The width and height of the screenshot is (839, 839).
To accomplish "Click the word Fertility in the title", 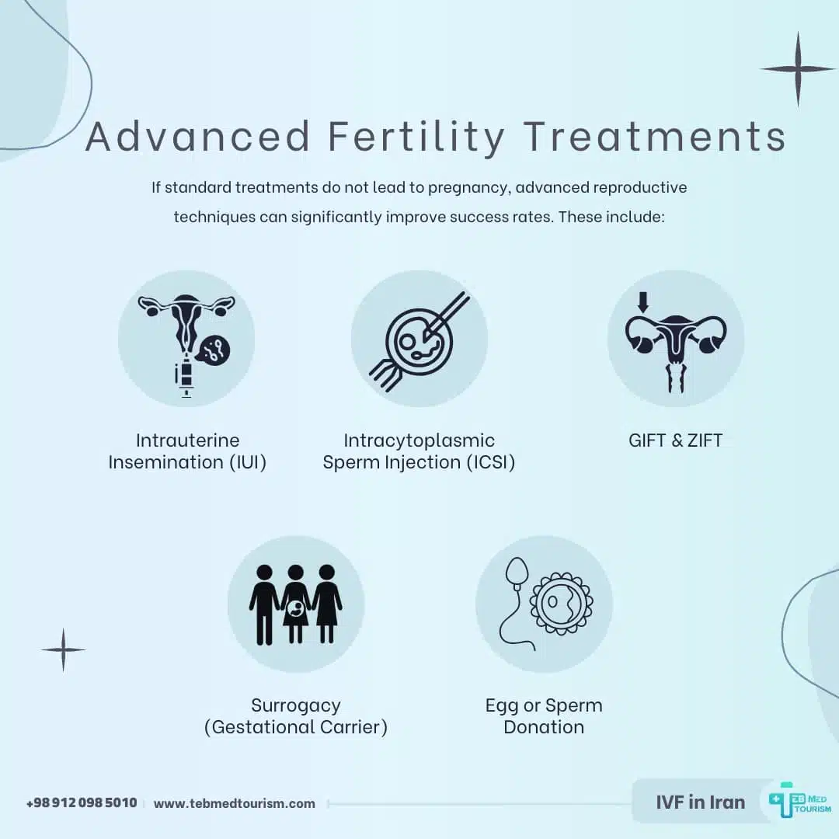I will pyautogui.click(x=416, y=137).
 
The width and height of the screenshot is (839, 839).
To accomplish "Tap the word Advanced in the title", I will pyautogui.click(x=198, y=137).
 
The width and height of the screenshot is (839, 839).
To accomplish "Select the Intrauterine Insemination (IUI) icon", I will pyautogui.click(x=186, y=339).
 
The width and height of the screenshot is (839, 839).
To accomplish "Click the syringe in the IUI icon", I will pyautogui.click(x=185, y=377).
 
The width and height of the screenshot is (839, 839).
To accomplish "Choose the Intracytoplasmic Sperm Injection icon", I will pyautogui.click(x=419, y=339).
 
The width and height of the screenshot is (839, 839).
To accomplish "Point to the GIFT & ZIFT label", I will pyautogui.click(x=675, y=440).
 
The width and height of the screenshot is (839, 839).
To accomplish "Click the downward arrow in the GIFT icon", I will pyautogui.click(x=642, y=302).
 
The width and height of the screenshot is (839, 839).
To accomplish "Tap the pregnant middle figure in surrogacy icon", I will pyautogui.click(x=295, y=604).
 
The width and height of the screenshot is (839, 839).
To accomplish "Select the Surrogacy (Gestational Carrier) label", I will pyautogui.click(x=295, y=716).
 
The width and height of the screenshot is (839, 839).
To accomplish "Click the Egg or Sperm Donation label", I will pyautogui.click(x=544, y=716).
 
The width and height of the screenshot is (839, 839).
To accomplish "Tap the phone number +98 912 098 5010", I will pyautogui.click(x=82, y=802).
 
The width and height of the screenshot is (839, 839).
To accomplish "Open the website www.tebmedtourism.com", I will pyautogui.click(x=235, y=803).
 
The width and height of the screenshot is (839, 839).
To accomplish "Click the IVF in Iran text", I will pyautogui.click(x=700, y=802).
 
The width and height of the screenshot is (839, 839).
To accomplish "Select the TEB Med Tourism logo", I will pyautogui.click(x=799, y=801).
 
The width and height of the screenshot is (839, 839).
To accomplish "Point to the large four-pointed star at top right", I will pyautogui.click(x=797, y=69).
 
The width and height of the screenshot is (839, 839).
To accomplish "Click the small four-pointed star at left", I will pyautogui.click(x=63, y=649).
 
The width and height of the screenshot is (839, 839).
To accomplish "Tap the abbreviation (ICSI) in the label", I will pyautogui.click(x=486, y=462).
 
